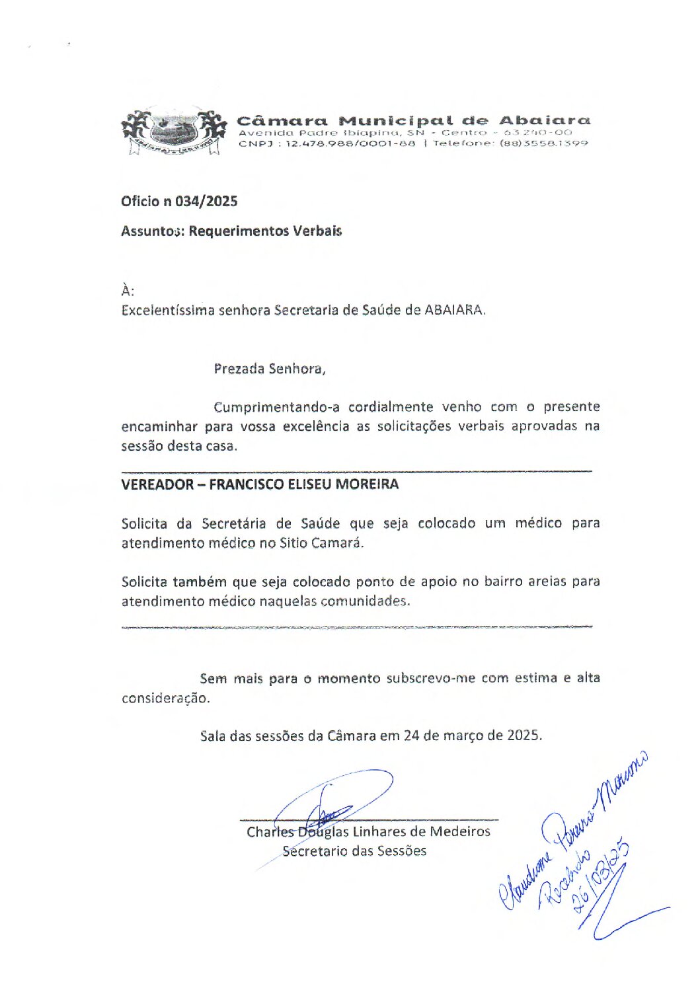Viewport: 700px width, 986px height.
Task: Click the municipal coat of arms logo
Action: [170, 132]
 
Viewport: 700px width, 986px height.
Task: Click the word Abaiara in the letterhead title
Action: [544, 120]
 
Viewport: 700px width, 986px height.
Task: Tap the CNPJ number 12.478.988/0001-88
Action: [350, 143]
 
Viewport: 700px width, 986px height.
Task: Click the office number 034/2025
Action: [206, 202]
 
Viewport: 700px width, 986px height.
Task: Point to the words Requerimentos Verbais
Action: [265, 231]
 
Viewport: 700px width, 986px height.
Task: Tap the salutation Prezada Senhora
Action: [269, 369]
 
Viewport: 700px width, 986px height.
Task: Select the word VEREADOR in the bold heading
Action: [157, 484]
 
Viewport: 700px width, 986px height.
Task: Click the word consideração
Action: [165, 699]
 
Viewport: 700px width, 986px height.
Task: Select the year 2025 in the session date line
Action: [524, 736]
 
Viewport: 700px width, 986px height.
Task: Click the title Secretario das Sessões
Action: [354, 851]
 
